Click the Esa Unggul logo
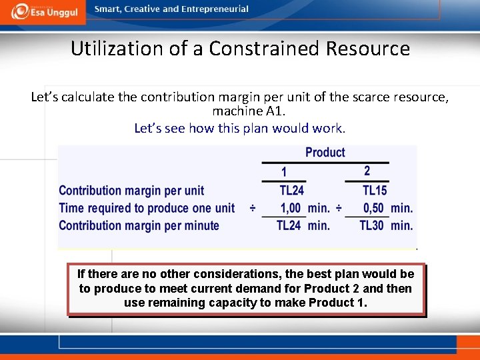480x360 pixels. pyautogui.click(x=43, y=11)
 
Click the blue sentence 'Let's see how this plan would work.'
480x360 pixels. pyautogui.click(x=239, y=128)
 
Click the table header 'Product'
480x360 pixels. pyautogui.click(x=325, y=153)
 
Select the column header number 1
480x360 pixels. pyautogui.click(x=284, y=171)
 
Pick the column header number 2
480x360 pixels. pyautogui.click(x=367, y=171)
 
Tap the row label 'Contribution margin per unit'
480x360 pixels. pyautogui.click(x=131, y=191)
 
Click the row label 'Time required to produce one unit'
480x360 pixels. pyautogui.click(x=147, y=208)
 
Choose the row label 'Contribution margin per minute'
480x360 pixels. pyautogui.click(x=139, y=225)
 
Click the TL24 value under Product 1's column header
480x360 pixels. pyautogui.click(x=291, y=191)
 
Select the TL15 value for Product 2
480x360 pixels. pyautogui.click(x=374, y=191)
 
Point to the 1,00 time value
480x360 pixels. pyautogui.click(x=291, y=208)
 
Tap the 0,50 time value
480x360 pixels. pyautogui.click(x=373, y=208)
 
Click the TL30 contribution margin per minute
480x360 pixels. pyautogui.click(x=371, y=225)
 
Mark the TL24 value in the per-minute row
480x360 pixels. pyautogui.click(x=289, y=225)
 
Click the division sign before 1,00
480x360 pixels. pyautogui.click(x=253, y=208)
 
